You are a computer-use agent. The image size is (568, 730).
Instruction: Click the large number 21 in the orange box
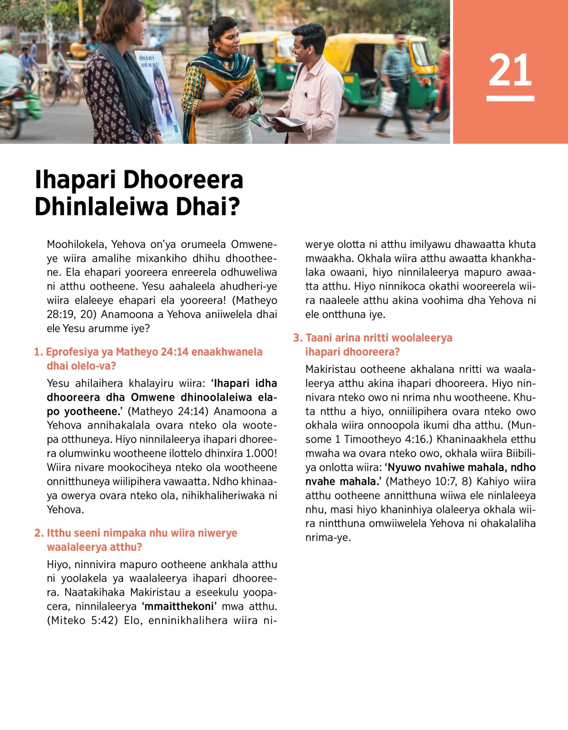click(510, 70)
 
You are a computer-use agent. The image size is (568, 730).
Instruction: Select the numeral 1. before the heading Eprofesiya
click(38, 352)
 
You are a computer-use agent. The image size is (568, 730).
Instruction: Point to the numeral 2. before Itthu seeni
click(39, 533)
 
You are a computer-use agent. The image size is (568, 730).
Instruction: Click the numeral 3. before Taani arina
click(297, 338)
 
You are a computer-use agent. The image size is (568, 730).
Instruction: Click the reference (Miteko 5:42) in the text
click(82, 620)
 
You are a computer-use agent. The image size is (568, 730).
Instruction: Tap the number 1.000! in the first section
click(261, 453)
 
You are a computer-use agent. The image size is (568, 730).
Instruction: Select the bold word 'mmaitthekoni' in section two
click(179, 607)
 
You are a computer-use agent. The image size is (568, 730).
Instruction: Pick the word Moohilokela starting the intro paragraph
click(76, 245)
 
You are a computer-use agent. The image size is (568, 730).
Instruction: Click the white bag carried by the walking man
click(388, 102)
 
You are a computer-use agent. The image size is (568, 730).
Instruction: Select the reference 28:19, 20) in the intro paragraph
click(71, 315)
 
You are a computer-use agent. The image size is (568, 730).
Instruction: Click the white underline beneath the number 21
click(510, 98)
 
